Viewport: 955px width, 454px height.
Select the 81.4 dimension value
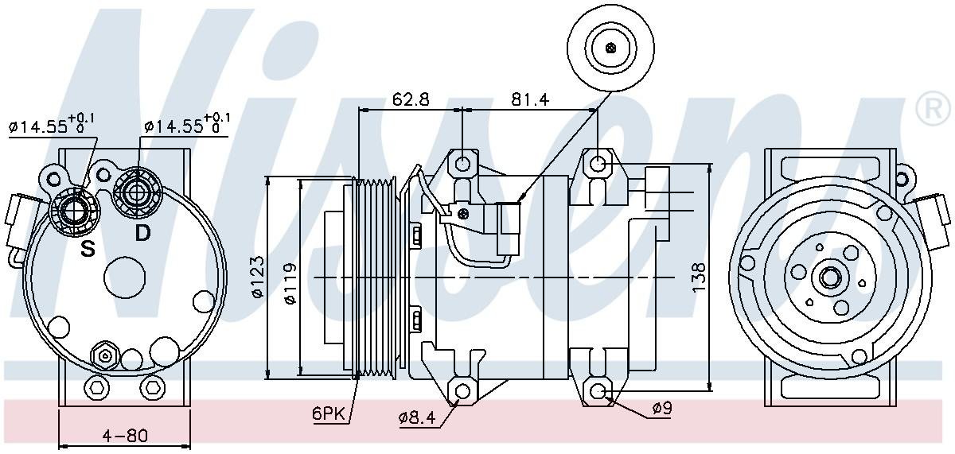click(531, 99)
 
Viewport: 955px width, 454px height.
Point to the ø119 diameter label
click(290, 282)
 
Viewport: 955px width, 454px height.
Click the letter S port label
click(88, 249)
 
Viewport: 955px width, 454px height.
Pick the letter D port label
click(142, 233)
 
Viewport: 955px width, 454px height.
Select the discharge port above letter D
click(137, 190)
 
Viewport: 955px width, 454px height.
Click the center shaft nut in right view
click(830, 277)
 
